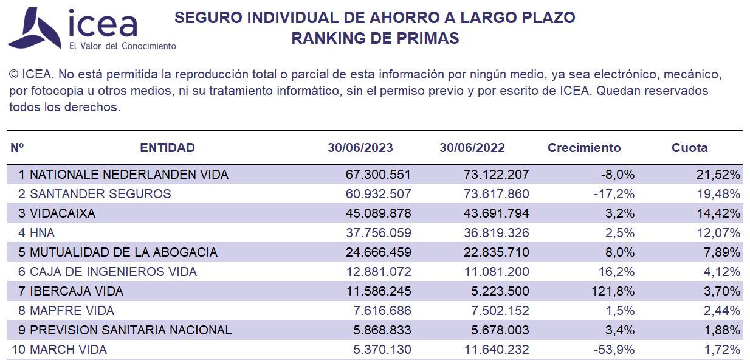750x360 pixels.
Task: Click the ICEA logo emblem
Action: click(33, 29)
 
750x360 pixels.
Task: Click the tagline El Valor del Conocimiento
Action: click(123, 46)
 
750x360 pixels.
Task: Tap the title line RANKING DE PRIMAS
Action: click(375, 38)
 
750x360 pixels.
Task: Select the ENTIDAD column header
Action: click(167, 148)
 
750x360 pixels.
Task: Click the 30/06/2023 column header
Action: click(360, 148)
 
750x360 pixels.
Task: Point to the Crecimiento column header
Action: click(584, 148)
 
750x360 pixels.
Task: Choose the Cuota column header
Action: click(689, 148)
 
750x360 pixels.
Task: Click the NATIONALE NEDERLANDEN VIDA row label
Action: click(129, 175)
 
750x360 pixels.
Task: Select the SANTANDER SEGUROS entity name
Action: click(100, 194)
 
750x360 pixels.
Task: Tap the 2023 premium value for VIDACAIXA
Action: click(378, 213)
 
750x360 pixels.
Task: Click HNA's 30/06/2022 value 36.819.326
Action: click(496, 233)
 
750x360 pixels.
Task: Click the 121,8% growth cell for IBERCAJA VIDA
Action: click(614, 291)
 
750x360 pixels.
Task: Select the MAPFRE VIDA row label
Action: click(72, 311)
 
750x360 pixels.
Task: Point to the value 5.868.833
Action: click(381, 330)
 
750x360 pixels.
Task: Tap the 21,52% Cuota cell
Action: click(718, 175)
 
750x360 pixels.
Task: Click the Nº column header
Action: click(17, 148)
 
